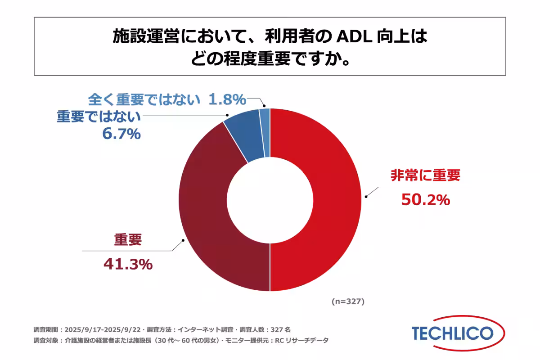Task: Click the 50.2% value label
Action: [x=425, y=199]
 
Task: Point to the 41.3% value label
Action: [x=128, y=265]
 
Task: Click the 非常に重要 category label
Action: [x=425, y=175]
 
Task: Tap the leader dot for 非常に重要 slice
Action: [x=366, y=196]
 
